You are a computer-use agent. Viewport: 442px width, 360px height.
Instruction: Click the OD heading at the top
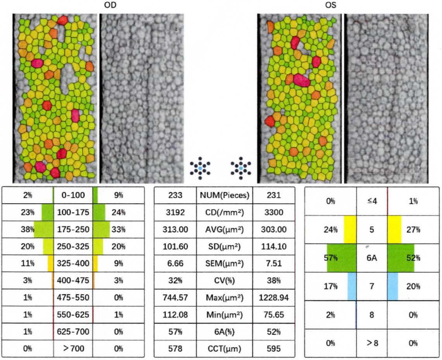pos(113,5)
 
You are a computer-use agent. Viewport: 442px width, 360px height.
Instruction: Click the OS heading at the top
pos(330,5)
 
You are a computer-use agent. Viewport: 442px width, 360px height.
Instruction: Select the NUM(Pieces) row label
pos(224,196)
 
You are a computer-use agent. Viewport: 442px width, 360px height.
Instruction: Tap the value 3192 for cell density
pos(174,213)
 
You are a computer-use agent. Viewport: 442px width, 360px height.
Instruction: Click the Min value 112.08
pos(174,316)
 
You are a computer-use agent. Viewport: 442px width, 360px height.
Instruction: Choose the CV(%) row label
pos(224,282)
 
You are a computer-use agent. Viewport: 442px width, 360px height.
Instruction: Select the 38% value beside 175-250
pos(27,229)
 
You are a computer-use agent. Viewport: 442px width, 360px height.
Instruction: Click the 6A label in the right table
pos(371,258)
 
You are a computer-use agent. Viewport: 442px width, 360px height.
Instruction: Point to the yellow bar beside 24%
pos(350,230)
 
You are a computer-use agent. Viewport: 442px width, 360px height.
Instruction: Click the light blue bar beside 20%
pos(393,286)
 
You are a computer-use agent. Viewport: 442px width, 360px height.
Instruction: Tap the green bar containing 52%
pos(401,258)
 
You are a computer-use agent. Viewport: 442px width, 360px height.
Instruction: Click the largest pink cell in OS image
pos(301,80)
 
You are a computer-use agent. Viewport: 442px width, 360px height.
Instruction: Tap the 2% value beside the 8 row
pos(330,315)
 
